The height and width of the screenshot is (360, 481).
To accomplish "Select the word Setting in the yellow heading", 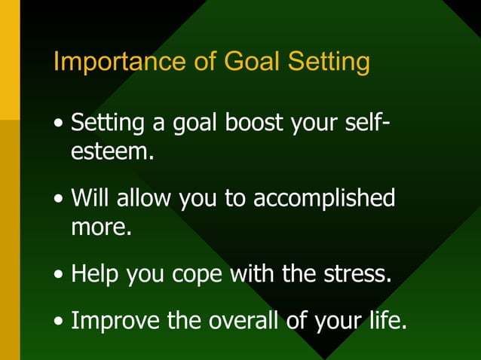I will (329, 62).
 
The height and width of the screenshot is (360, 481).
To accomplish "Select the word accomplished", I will (324, 198).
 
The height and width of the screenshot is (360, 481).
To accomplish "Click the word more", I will (101, 226).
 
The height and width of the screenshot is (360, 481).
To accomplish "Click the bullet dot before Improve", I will (59, 323).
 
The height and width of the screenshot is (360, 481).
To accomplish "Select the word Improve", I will (114, 322).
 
